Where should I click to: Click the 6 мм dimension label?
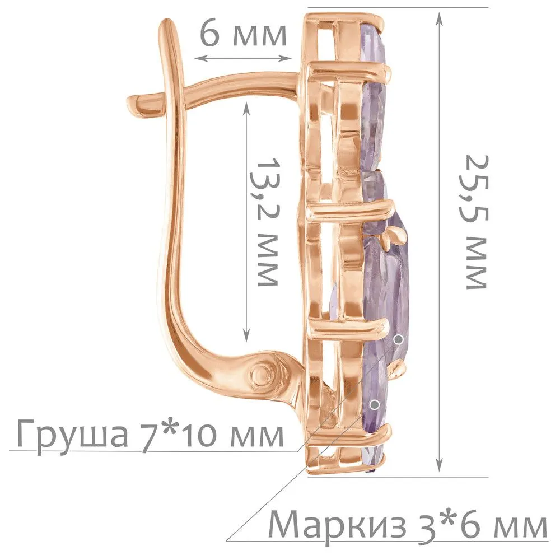pos(243,35)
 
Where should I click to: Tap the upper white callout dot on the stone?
pos(398,339)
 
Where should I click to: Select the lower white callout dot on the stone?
pos(375,405)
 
